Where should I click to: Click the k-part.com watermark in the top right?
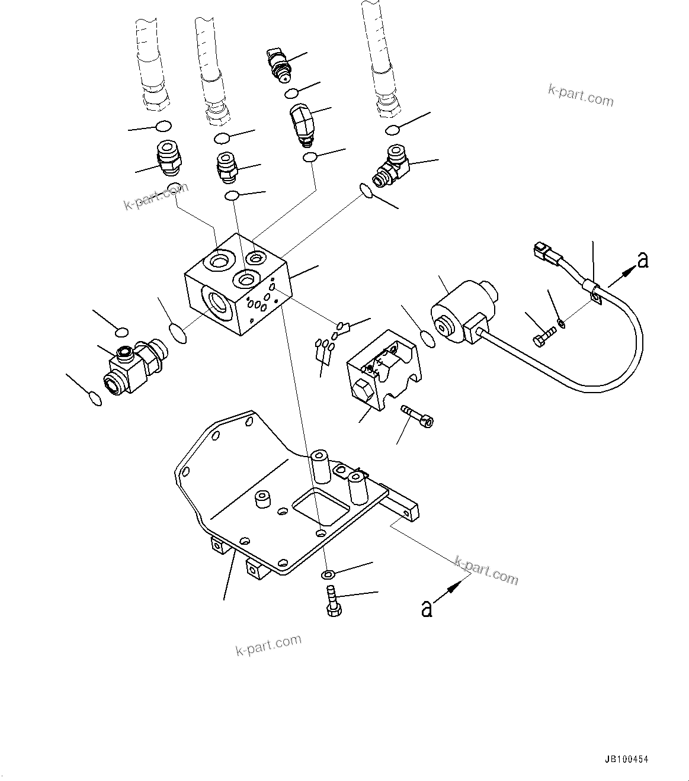pos(581,95)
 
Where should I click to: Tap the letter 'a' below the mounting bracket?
pos(426,608)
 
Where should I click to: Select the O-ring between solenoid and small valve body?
pos(428,339)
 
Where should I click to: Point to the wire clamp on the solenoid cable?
pos(594,293)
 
